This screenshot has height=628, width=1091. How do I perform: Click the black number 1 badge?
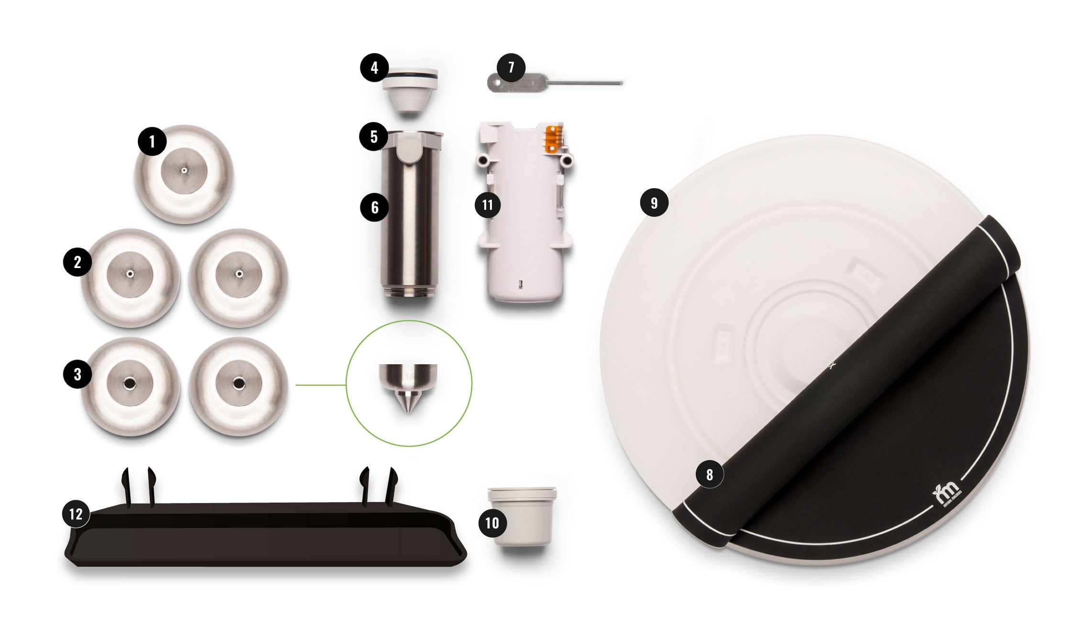click(x=152, y=141)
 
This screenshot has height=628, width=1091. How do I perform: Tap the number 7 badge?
click(x=511, y=67)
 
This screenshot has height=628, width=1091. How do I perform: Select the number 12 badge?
click(x=76, y=514)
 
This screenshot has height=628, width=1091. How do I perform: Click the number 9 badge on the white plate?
click(x=654, y=203)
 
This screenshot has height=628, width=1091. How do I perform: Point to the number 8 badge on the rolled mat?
click(x=709, y=474)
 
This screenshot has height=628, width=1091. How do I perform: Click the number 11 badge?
click(x=488, y=205)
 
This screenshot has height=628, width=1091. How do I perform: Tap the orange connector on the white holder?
click(x=552, y=139)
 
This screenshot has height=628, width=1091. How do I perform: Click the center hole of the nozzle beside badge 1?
click(x=184, y=170)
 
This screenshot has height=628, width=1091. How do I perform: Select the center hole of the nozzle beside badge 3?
click(x=130, y=383)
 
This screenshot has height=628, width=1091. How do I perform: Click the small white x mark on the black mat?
click(x=832, y=366)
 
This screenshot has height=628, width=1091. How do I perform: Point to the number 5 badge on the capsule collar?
click(x=374, y=137)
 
